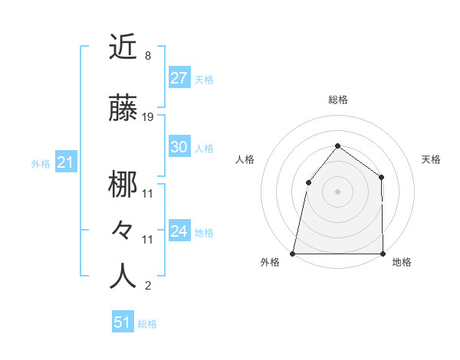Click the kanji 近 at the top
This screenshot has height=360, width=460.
coord(123,47)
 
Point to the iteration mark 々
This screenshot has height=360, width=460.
coord(123,229)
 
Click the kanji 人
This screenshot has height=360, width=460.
coord(123,276)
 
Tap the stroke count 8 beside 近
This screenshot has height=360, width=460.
coord(147,56)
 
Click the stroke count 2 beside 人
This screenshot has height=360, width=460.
coord(147,286)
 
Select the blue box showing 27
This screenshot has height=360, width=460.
coord(179,78)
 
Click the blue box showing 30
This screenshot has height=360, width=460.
coord(179,148)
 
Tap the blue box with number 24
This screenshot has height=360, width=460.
coord(179,231)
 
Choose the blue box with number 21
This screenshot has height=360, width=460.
coord(65,162)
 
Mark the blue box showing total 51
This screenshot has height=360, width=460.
coord(123,322)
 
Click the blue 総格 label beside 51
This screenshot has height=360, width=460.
coord(147,324)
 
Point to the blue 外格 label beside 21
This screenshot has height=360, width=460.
coord(41,163)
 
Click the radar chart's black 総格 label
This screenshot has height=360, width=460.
coord(337,100)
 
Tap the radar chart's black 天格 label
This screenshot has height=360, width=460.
coord(432,159)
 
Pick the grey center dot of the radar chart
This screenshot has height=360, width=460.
coord(337,191)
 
